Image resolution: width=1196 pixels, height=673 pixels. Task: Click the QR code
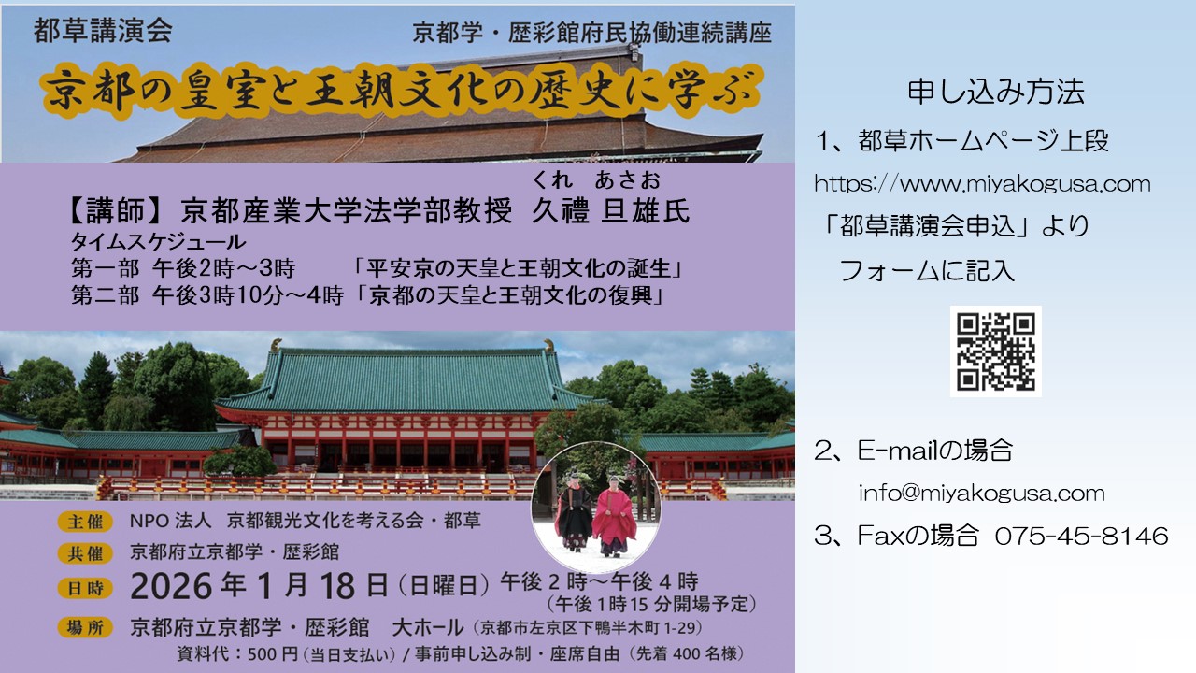point(995,351)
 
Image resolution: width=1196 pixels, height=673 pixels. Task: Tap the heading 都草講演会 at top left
point(103,31)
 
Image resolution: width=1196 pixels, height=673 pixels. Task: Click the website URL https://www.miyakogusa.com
point(982,184)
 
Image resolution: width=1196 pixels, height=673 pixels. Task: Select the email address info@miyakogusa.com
point(981,493)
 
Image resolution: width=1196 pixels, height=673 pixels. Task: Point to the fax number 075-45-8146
point(1081,536)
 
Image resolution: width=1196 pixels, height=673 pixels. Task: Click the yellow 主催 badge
point(85,522)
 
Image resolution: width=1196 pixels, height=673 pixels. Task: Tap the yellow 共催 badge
point(85,554)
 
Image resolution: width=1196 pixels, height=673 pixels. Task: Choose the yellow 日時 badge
point(85,588)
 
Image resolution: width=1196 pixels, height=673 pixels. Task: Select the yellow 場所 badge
point(85,627)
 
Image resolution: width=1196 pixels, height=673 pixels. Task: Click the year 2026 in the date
point(171,586)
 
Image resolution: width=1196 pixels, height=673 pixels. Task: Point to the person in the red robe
point(614,517)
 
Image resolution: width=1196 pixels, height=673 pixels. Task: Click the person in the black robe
point(575,512)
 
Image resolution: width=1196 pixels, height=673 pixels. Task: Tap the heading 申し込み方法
point(996,92)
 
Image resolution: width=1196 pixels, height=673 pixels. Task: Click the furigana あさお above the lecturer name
point(627,180)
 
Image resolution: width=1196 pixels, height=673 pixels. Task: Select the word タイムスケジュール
point(158,242)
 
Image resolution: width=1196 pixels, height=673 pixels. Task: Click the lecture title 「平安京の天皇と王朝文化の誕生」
point(518,268)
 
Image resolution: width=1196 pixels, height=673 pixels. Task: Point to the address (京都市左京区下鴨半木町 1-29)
point(588,627)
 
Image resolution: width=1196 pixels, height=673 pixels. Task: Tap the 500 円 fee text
point(272,654)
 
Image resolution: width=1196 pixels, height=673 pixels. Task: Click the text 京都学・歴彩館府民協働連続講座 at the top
point(591,33)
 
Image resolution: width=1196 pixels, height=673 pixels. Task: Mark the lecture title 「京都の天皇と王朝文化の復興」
point(509,295)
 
